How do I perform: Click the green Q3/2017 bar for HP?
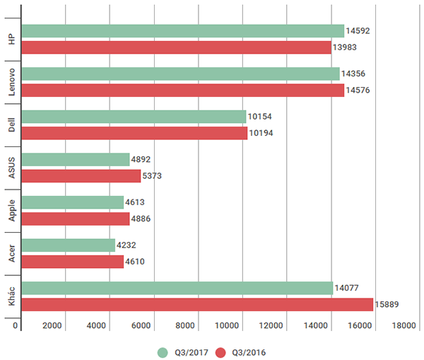point(182,31)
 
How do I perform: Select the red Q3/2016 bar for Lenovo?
point(182,90)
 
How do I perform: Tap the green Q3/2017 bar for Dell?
point(134,116)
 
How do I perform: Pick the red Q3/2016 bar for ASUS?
point(81,175)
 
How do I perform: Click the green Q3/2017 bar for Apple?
point(72,202)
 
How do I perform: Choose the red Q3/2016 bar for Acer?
point(72,262)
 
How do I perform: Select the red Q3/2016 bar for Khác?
point(197,304)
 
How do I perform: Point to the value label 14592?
point(358,31)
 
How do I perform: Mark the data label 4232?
point(128,245)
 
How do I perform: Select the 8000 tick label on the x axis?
point(185,325)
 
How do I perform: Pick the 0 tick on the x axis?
point(16,325)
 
